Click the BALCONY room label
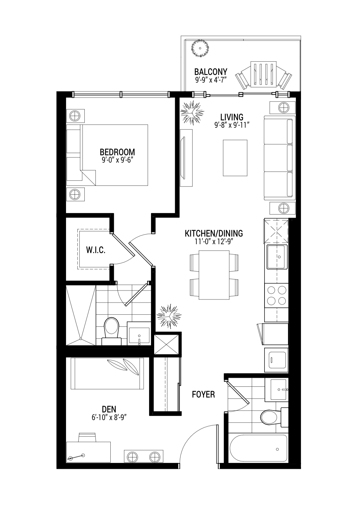point(211,72)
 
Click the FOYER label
point(203,394)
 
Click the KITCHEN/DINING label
point(214,233)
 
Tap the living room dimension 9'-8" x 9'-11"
point(232,125)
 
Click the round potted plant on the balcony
point(200,48)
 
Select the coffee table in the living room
point(235,158)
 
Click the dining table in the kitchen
point(214,275)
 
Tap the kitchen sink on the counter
point(277,257)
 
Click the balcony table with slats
point(264,74)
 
